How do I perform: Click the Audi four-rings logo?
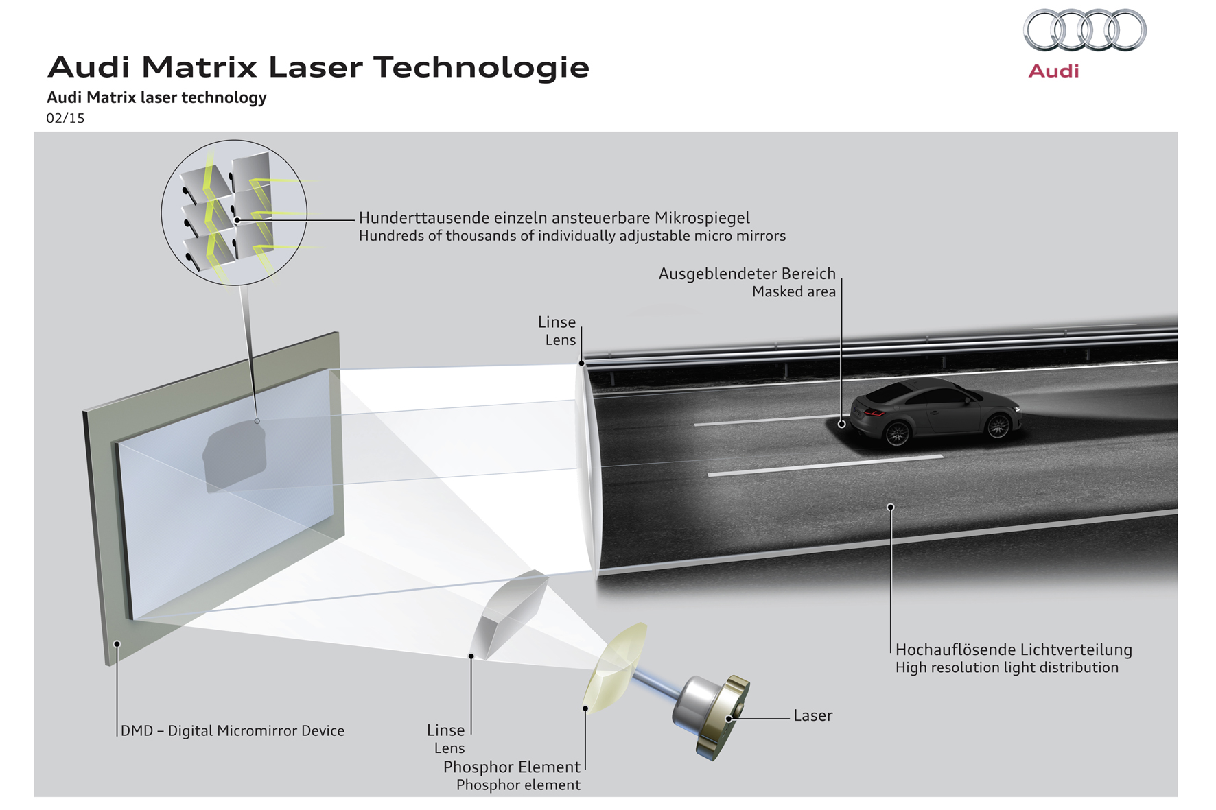coord(1084,30)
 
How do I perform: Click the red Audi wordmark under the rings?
coord(1053,71)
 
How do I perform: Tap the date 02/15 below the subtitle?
coord(65,118)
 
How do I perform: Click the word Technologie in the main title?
coord(481,67)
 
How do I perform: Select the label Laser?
coord(812,715)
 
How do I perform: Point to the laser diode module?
coord(711,715)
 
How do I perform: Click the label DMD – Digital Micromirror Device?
coord(233,731)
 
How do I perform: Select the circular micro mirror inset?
coord(234,213)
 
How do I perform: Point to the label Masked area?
coord(794,291)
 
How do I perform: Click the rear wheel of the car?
coord(898,433)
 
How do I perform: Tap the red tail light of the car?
coord(874,412)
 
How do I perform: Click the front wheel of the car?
coord(998,427)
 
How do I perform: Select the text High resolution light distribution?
coord(1007,667)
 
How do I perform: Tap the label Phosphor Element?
coord(511,767)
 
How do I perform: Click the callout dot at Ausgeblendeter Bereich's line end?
coord(841,424)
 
